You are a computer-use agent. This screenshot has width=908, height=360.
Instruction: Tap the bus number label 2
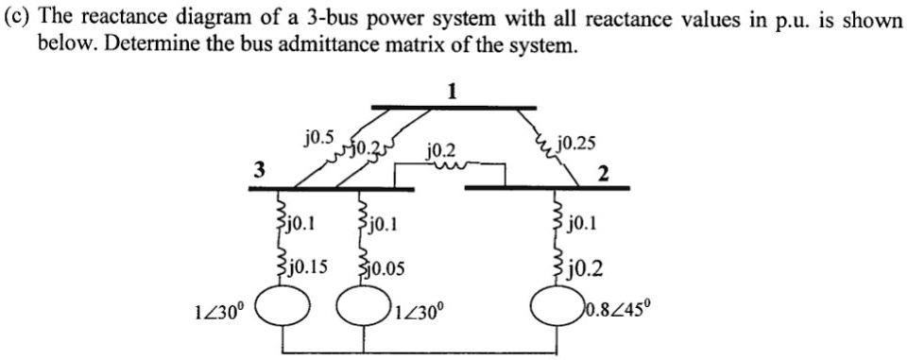click(x=603, y=173)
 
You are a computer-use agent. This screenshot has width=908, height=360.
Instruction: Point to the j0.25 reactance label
click(x=577, y=144)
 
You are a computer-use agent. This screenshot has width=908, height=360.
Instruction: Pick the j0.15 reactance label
click(x=307, y=266)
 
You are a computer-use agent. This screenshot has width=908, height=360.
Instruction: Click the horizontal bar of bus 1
click(x=452, y=107)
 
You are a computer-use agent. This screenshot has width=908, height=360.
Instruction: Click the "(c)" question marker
click(x=16, y=19)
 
